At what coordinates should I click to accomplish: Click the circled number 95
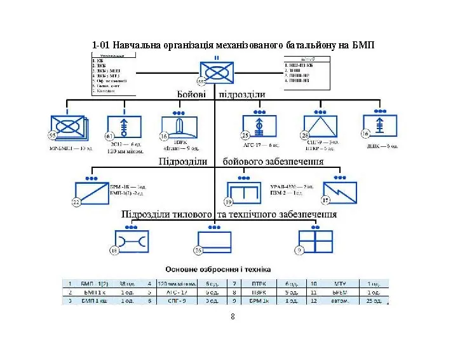(x=53, y=135)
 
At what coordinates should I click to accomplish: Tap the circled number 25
(x=245, y=135)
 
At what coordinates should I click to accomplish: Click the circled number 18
(x=114, y=251)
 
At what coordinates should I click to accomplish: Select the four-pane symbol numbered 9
(x=315, y=242)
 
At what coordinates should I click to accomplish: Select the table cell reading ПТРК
(x=256, y=283)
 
